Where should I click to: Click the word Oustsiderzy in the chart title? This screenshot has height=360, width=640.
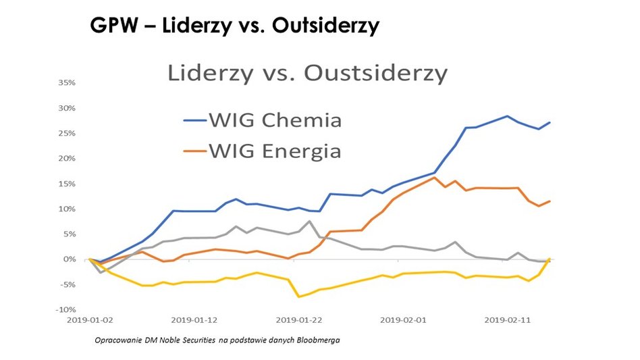[375, 72]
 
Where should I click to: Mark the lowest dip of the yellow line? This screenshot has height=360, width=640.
[299, 297]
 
